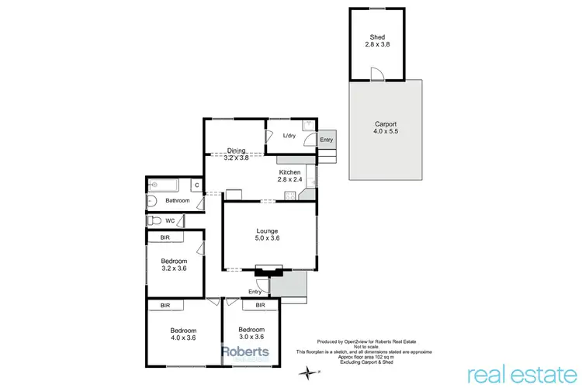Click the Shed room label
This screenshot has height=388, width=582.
pyautogui.click(x=378, y=40)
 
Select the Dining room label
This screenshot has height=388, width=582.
pyautogui.click(x=236, y=154)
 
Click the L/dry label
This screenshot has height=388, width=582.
pyautogui.click(x=289, y=136)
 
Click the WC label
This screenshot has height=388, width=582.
pyautogui.click(x=170, y=220)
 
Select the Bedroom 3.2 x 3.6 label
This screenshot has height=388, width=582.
pyautogui.click(x=175, y=265)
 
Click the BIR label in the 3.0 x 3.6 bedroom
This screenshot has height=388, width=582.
pyautogui.click(x=261, y=306)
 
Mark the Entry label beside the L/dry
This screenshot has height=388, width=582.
pyautogui.click(x=327, y=140)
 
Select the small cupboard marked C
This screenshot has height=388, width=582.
pyautogui.click(x=197, y=185)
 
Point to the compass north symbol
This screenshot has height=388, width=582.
pyautogui.click(x=311, y=373)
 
